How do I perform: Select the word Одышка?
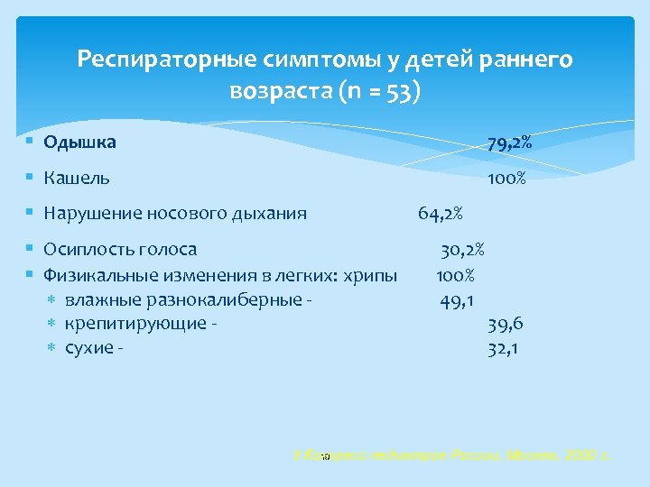click(79, 142)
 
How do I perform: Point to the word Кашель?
click(77, 179)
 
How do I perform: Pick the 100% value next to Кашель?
click(506, 179)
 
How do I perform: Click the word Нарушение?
click(91, 214)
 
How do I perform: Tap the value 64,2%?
click(441, 214)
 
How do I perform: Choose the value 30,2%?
click(463, 249)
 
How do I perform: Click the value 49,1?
click(459, 299)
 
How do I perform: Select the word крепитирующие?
click(135, 324)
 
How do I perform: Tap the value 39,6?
click(506, 324)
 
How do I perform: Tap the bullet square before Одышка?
click(31, 142)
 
